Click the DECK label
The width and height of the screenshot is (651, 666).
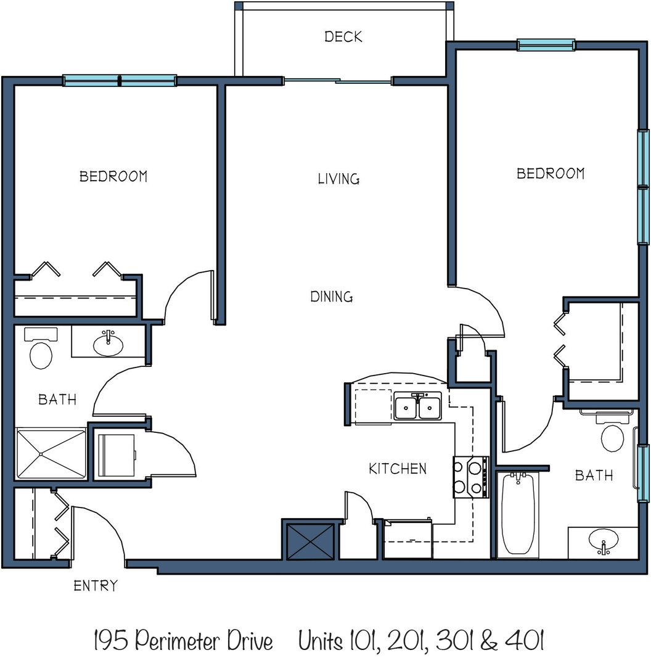click(x=343, y=36)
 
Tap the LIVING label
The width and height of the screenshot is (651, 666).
click(x=338, y=178)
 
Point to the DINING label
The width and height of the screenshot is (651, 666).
click(x=332, y=297)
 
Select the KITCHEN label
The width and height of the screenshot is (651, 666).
click(x=398, y=469)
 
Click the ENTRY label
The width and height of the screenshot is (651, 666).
click(x=95, y=586)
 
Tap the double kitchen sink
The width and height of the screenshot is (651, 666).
click(x=418, y=406)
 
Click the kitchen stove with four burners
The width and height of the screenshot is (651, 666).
click(x=471, y=477)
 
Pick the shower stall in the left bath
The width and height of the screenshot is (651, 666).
click(x=51, y=453)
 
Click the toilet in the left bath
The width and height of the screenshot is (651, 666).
click(x=41, y=348)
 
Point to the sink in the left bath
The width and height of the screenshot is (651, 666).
click(x=108, y=343)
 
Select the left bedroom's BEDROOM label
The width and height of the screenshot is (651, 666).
click(x=113, y=176)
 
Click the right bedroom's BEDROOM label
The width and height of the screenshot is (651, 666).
click(x=551, y=173)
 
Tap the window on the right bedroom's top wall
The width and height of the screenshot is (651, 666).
click(x=546, y=44)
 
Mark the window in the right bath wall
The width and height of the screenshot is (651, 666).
click(x=644, y=473)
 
